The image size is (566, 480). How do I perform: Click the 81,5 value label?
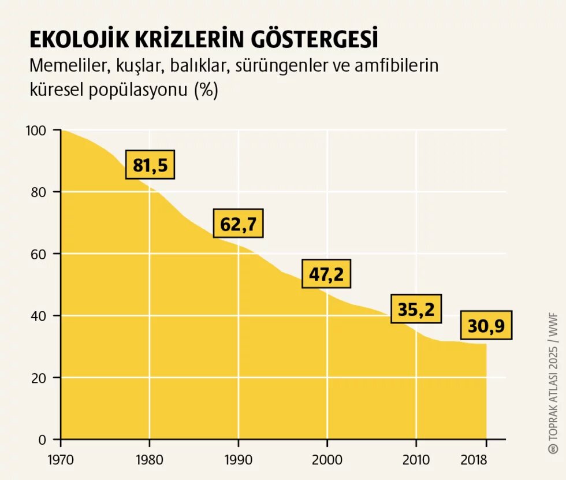pyautogui.click(x=150, y=165)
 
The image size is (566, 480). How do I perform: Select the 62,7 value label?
pyautogui.click(x=238, y=224)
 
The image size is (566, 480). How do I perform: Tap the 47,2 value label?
pyautogui.click(x=326, y=274)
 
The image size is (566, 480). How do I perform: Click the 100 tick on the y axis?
pyautogui.click(x=36, y=130)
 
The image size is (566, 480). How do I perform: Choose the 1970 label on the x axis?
pyautogui.click(x=61, y=460)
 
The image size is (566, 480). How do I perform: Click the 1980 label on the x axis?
pyautogui.click(x=150, y=460)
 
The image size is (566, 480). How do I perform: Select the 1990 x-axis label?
pyautogui.click(x=239, y=460)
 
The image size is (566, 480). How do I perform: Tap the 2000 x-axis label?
pyautogui.click(x=327, y=460)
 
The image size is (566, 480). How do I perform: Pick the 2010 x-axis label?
pyautogui.click(x=416, y=460)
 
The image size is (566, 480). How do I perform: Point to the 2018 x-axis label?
pyautogui.click(x=474, y=460)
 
